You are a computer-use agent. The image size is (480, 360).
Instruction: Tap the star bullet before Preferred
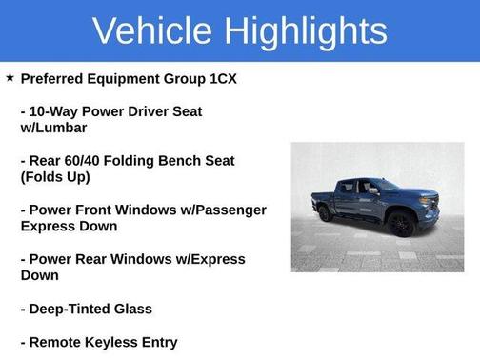tap(10, 77)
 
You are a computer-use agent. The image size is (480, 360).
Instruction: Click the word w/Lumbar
tap(53, 128)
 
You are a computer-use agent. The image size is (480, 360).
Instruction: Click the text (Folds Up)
tap(55, 177)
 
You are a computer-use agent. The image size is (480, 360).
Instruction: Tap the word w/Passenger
tap(221, 210)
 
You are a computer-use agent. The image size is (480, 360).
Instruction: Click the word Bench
tap(175, 161)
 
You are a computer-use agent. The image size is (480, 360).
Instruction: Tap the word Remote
tap(58, 342)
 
